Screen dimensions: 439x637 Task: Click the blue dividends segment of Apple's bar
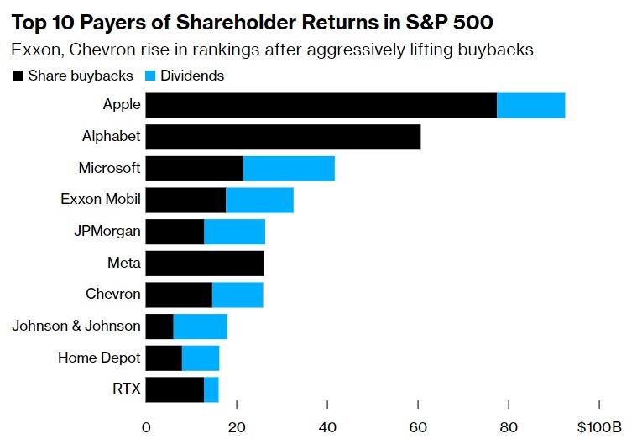tap(530, 106)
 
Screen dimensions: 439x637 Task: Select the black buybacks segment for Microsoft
tap(194, 169)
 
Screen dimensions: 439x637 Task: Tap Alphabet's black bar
tap(283, 137)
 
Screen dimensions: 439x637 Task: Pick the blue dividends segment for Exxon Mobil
tap(259, 201)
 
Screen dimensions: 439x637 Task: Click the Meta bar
tap(205, 264)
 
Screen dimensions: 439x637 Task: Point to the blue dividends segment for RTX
tap(211, 389)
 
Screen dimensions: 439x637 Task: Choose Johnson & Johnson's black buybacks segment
tap(159, 327)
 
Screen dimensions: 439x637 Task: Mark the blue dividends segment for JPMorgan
tap(234, 232)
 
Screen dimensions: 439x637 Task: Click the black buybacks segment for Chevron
tap(179, 295)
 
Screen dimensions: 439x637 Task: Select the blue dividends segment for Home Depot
tap(201, 358)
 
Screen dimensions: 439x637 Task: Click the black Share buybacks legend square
tap(17, 76)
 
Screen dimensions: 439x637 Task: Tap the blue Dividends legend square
tap(149, 76)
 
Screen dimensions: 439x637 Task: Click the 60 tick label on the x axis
tap(418, 426)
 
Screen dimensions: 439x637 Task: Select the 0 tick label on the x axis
tap(146, 426)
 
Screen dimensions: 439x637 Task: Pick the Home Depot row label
tap(99, 358)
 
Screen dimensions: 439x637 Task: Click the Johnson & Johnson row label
tap(76, 327)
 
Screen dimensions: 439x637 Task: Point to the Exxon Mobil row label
tap(101, 200)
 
